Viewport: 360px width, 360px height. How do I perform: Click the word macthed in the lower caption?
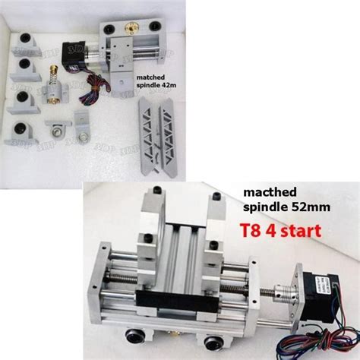[263, 194]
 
